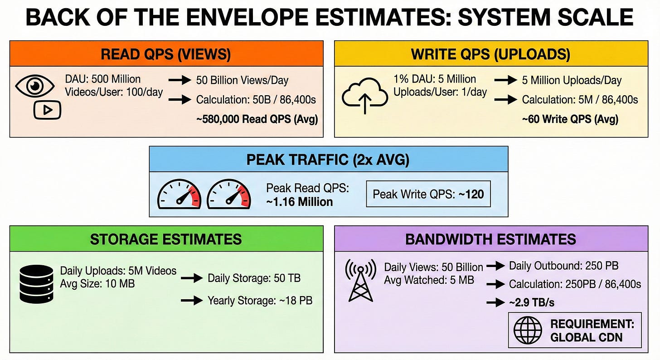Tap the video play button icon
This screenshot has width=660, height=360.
click(x=47, y=110)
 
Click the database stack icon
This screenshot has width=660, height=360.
click(x=37, y=285)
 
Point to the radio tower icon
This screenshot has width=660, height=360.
click(x=361, y=281)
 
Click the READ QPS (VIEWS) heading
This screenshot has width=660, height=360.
click(x=166, y=54)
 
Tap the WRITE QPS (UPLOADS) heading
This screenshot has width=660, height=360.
click(x=490, y=54)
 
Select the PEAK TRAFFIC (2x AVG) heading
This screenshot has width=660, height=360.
click(x=328, y=160)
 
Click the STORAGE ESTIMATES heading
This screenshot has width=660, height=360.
click(x=166, y=239)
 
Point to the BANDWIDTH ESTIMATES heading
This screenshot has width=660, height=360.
click(x=490, y=239)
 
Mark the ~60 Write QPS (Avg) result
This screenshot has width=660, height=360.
click(x=570, y=119)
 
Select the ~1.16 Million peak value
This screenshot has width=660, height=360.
click(x=300, y=201)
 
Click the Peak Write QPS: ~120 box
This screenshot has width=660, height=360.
click(x=428, y=194)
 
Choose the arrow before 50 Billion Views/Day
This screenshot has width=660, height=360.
click(x=180, y=80)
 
